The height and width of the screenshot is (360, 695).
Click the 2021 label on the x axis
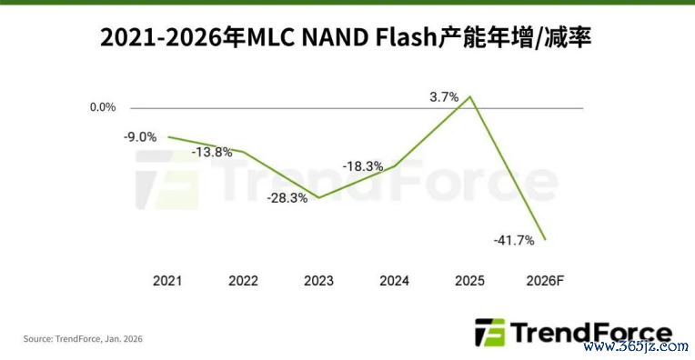coord(167,281)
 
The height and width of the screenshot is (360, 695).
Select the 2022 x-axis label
coord(243,281)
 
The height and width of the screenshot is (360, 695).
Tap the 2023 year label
coord(318,281)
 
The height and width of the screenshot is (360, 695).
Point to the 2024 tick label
coord(394,281)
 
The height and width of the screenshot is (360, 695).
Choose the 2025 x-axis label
coord(469,281)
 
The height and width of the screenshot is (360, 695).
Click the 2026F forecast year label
coord(545,281)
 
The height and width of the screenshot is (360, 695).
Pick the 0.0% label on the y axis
coord(103,107)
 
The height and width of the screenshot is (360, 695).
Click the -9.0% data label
coord(140,137)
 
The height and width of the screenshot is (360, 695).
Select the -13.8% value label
coord(212,153)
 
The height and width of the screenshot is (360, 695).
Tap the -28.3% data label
coord(287,198)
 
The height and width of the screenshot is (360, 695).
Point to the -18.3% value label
coord(363,166)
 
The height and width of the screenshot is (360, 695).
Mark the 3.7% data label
coord(444,97)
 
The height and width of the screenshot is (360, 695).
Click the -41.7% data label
coord(514,240)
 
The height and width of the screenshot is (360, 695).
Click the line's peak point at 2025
coord(469,96)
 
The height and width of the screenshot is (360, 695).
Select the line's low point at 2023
coord(318,198)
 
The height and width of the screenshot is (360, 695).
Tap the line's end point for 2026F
coord(545,240)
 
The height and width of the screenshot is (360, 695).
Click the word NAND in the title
coord(335,37)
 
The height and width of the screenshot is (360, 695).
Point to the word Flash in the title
coord(407,37)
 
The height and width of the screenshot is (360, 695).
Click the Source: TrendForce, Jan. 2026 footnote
coord(83,339)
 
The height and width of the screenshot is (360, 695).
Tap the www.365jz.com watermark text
coord(636,345)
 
